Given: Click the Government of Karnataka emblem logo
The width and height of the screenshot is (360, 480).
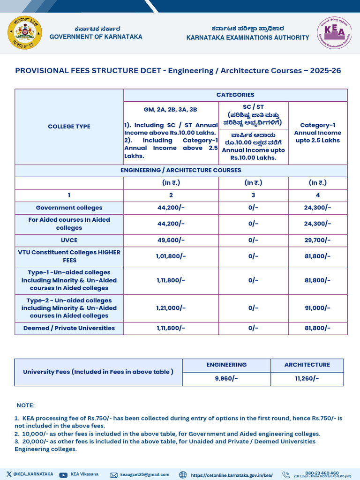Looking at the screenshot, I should [x=25, y=33].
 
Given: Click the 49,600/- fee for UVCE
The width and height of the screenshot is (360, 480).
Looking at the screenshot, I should [x=171, y=240].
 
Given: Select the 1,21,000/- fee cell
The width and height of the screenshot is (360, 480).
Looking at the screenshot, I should [x=171, y=307].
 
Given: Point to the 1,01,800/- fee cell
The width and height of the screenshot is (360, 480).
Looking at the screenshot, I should [x=171, y=256].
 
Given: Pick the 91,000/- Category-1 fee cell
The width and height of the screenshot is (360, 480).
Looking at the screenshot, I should [x=317, y=307].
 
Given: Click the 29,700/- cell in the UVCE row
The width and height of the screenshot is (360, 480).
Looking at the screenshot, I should [x=317, y=240].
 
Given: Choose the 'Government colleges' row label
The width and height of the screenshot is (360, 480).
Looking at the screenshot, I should [x=69, y=208].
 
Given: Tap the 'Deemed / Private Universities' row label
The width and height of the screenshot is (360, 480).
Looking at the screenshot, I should [x=69, y=328].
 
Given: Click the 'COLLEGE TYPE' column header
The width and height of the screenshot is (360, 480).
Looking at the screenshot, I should [x=69, y=127].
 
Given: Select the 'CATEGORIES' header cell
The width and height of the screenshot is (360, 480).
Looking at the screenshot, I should [x=235, y=95].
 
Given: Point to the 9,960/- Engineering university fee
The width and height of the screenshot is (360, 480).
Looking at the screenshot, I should [x=226, y=378].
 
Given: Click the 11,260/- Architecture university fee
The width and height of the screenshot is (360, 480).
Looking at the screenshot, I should [x=307, y=378].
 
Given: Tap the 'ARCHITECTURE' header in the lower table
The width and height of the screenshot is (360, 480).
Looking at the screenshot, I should [x=307, y=365].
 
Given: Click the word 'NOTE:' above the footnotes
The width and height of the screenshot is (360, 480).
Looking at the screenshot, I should [x=25, y=405].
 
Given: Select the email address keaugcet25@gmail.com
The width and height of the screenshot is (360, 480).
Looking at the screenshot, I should [x=144, y=475].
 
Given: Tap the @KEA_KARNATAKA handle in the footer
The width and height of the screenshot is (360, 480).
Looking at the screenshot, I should [x=33, y=474].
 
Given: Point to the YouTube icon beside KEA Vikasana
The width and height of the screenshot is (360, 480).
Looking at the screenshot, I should [x=63, y=475].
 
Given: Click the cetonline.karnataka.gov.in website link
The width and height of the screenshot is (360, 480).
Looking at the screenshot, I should [x=232, y=475].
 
